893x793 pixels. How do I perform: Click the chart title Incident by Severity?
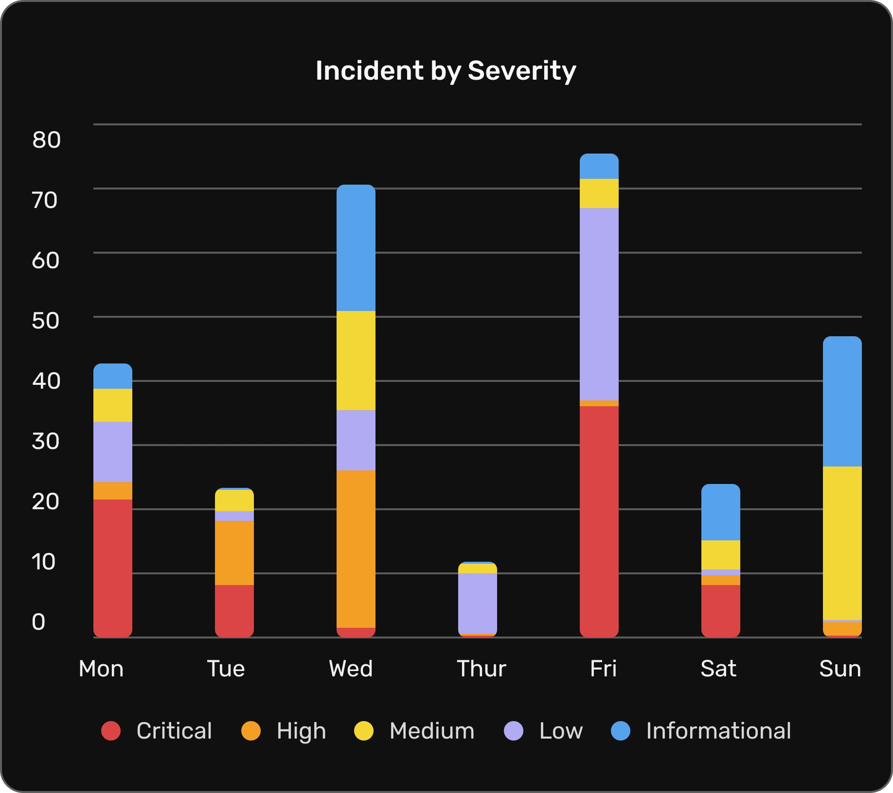click(446, 71)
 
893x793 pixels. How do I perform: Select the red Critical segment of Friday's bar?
click(599, 520)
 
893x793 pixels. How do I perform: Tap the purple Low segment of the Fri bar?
click(599, 304)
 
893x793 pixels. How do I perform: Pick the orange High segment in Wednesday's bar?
click(356, 549)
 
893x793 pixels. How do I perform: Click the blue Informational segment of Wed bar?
click(356, 248)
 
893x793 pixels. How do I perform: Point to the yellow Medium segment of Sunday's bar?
click(842, 543)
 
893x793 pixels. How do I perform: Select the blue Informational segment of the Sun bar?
click(842, 401)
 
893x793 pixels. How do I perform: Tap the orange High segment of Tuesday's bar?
click(234, 552)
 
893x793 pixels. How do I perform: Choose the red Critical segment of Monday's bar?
click(112, 568)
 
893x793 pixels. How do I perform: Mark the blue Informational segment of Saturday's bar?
click(720, 512)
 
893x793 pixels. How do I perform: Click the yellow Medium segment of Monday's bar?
click(112, 405)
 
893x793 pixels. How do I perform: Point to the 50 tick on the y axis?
click(45, 321)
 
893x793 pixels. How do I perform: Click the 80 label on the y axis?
click(46, 140)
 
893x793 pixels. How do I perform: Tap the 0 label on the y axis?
click(38, 622)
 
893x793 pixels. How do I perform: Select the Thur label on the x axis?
click(481, 669)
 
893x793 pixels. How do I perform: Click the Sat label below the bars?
click(718, 669)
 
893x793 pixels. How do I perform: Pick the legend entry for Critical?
click(157, 731)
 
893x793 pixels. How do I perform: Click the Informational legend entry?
click(701, 731)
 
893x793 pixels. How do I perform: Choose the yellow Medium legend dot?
click(364, 731)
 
